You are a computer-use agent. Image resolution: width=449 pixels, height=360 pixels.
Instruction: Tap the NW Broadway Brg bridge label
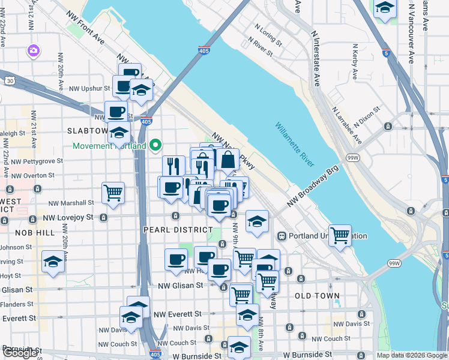(x=313, y=185)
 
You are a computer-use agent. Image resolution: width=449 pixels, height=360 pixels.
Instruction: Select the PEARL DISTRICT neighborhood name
(x=178, y=230)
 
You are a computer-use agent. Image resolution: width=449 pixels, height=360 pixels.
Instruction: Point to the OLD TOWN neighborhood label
(x=318, y=296)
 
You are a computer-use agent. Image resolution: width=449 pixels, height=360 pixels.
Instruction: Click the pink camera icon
(x=34, y=50)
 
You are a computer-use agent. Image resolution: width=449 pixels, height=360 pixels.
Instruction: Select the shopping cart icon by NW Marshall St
(x=113, y=193)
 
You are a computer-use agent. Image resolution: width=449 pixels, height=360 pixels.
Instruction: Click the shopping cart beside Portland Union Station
(x=340, y=233)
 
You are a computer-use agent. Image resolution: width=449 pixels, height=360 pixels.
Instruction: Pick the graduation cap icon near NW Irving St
(x=53, y=262)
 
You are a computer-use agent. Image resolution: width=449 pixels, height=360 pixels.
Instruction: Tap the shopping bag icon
(x=228, y=160)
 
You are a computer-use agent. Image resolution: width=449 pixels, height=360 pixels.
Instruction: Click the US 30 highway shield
(x=8, y=80)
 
